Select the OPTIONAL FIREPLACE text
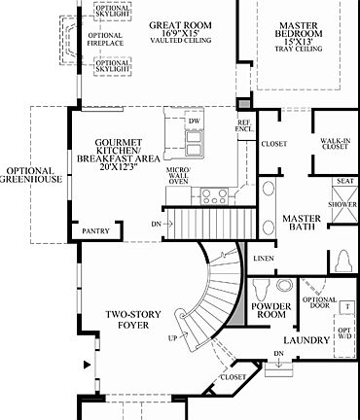coord(104,41)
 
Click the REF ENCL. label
coord(244,126)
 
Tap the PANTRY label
coord(96,231)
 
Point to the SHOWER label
coord(343,205)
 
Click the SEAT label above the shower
coord(343,181)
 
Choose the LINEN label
coord(263,259)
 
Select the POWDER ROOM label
coord(271,311)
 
